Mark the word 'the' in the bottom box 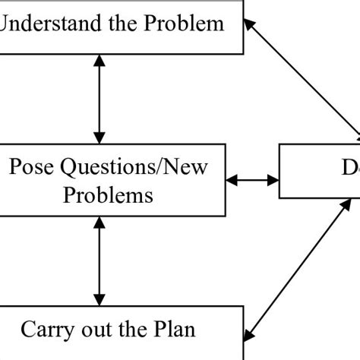(134, 330)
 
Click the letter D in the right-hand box (346, 167)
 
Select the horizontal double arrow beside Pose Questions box (253, 181)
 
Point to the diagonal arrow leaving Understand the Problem (304, 76)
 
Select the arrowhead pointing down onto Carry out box (98, 299)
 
